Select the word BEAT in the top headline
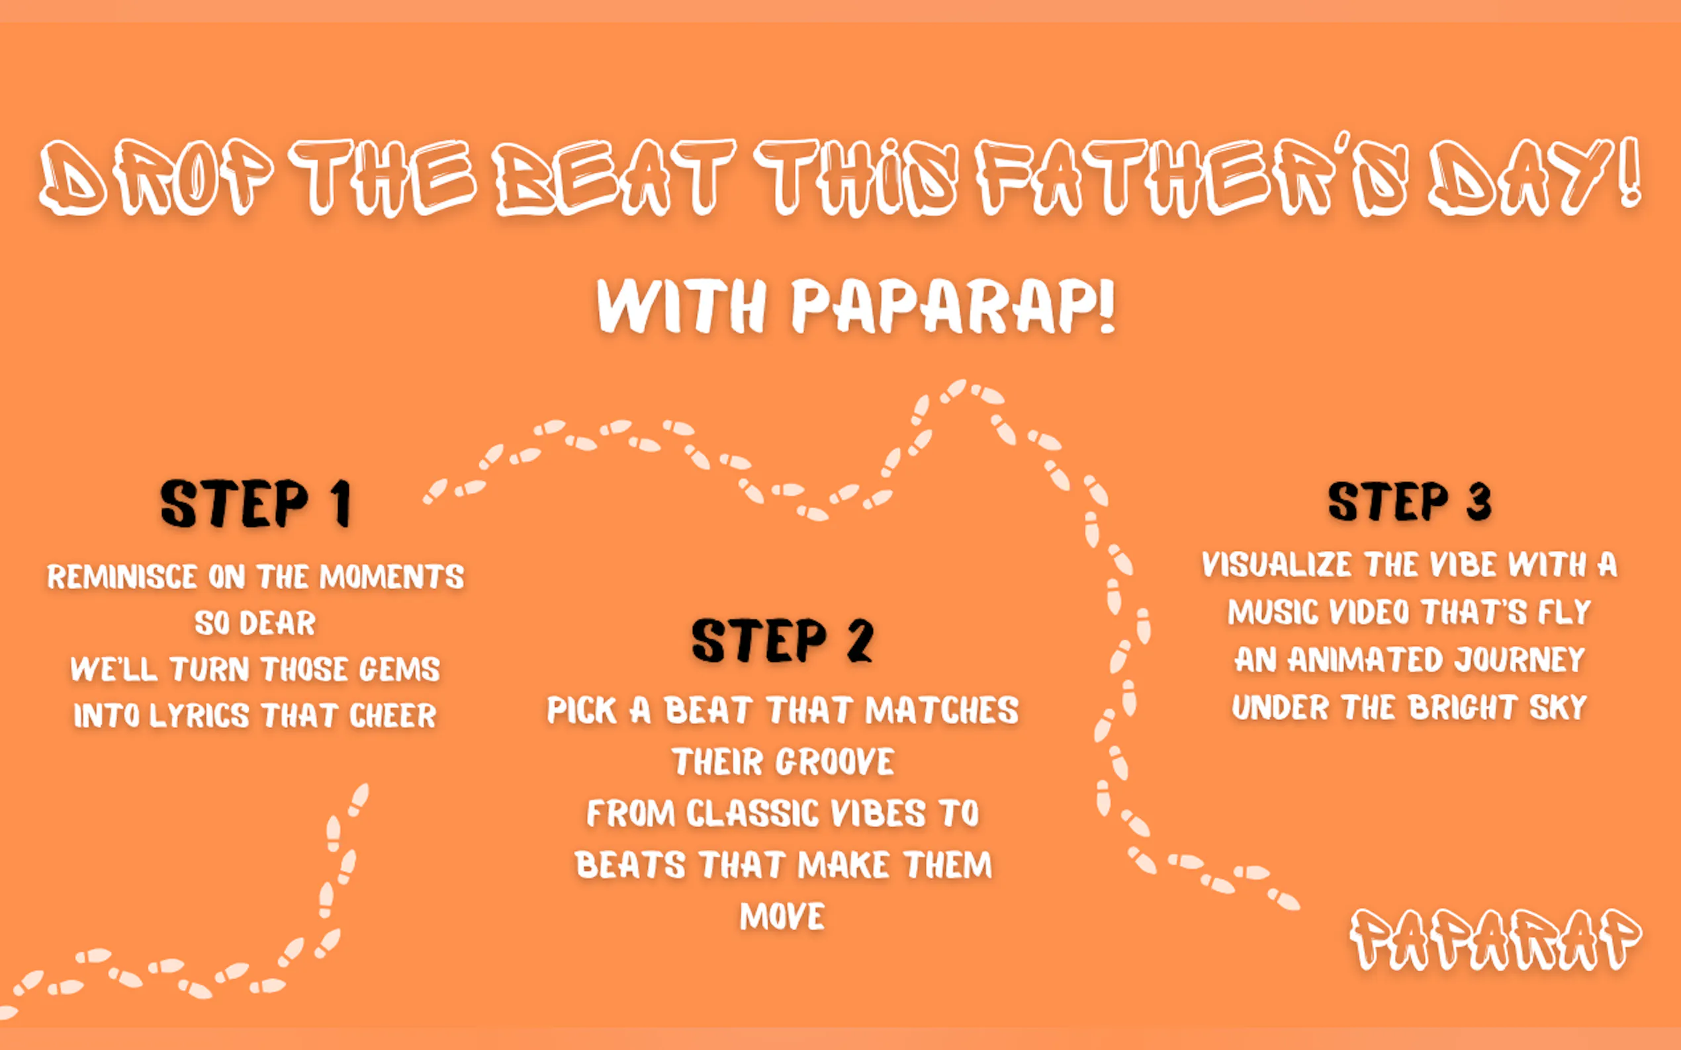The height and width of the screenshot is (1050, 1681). pos(615,177)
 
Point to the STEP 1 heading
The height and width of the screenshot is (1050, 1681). pos(255,503)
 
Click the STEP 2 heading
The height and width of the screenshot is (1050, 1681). pos(782,640)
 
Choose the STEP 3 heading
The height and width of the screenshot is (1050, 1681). pos(1409,501)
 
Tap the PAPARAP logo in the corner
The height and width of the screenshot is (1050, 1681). pos(1496,940)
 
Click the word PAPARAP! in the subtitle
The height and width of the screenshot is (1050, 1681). pos(954,305)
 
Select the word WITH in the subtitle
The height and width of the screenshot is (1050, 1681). pos(681,305)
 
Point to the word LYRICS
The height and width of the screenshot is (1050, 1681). pos(199,716)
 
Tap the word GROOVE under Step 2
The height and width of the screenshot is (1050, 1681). pos(835,762)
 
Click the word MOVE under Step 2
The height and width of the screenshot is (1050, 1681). pos(782,916)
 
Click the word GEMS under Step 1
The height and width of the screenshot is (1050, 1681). pos(400,669)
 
